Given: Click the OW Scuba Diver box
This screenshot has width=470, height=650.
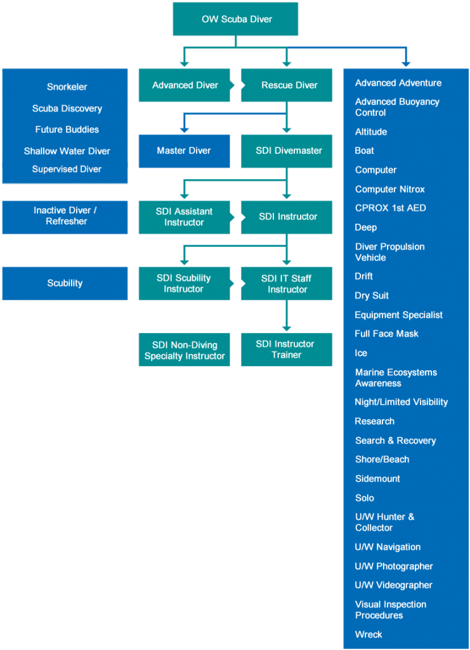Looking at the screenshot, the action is [x=235, y=19].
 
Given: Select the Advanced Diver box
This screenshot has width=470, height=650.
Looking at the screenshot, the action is [x=185, y=85].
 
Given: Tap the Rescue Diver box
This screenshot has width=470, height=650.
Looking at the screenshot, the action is [x=287, y=85].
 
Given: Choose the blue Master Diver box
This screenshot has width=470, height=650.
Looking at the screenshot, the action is [x=185, y=151].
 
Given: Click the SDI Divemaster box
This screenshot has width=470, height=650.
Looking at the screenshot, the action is [x=287, y=151].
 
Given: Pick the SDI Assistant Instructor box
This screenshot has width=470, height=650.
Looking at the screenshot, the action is [x=185, y=217].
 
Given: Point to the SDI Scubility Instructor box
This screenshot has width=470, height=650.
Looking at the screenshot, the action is [x=185, y=283].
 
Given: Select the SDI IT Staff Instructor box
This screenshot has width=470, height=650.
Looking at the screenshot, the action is [x=287, y=283].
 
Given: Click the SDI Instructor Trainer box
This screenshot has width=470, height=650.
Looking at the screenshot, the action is [x=287, y=350].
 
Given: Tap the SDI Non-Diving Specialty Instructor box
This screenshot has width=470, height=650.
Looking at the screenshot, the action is [x=185, y=350].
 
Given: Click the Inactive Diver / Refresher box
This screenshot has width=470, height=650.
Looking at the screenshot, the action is [x=65, y=217].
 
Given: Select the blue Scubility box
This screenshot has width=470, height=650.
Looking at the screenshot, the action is [x=65, y=283].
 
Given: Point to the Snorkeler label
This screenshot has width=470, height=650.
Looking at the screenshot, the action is [x=67, y=87].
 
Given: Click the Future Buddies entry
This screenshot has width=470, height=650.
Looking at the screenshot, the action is [x=67, y=129].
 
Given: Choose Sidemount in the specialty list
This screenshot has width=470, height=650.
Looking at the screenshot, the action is [x=377, y=479].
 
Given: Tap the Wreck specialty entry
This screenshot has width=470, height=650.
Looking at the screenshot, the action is [x=369, y=634].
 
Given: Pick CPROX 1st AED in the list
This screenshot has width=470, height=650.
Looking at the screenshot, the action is [x=391, y=208].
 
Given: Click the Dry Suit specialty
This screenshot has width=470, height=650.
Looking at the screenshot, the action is [x=372, y=296].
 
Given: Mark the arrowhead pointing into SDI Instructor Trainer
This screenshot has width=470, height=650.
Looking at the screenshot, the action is [x=287, y=329].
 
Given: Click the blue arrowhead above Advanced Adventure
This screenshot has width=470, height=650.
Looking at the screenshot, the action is [x=406, y=64].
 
